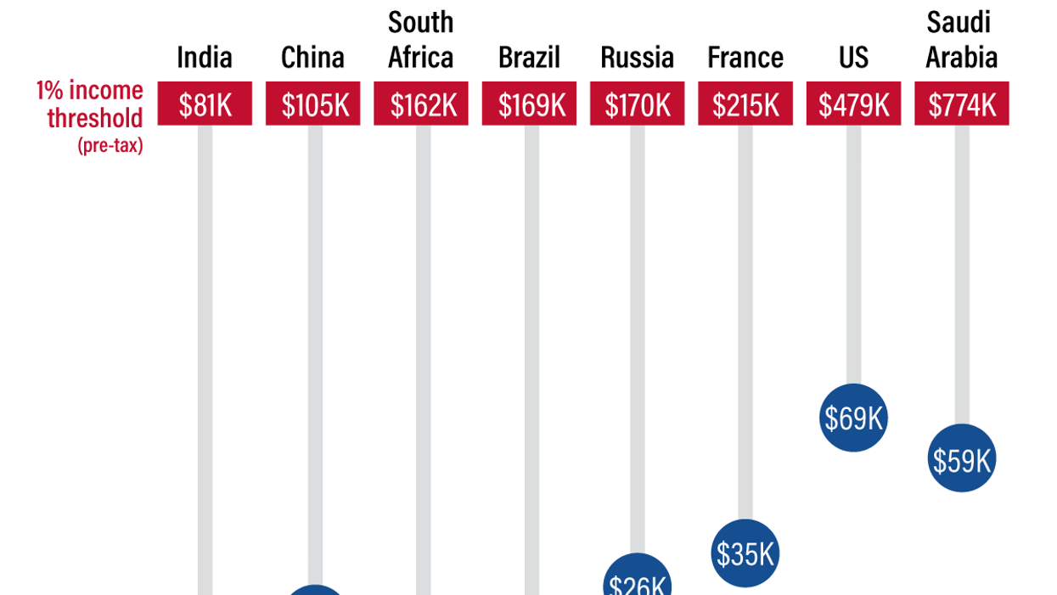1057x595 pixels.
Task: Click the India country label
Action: (205, 58)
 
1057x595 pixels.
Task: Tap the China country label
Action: (312, 58)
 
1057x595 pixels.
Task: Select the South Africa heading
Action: (421, 40)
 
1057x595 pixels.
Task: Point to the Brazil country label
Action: (529, 58)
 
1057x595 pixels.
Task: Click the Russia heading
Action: (638, 58)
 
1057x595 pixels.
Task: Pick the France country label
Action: (745, 58)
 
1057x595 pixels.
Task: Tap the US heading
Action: (853, 58)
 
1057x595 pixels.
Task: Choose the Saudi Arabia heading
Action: (961, 40)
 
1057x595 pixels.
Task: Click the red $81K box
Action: (205, 104)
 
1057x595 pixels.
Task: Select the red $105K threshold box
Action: (312, 104)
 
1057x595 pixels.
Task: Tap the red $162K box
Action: (421, 104)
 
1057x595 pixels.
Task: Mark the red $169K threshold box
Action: (529, 104)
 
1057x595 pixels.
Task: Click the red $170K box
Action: (638, 104)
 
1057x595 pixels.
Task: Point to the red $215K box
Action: (745, 104)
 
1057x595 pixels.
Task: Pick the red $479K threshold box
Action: (853, 104)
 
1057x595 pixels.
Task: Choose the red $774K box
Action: (962, 104)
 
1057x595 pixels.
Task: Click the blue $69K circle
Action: (853, 418)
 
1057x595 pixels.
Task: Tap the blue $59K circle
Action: (962, 459)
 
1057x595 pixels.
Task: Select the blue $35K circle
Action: (745, 553)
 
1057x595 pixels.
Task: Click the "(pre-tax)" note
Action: (110, 146)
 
